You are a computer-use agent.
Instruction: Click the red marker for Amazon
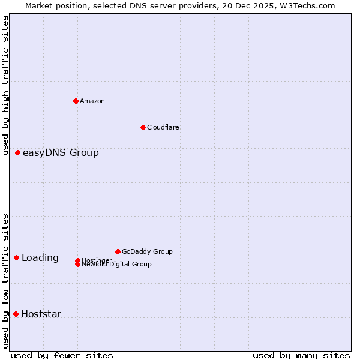coord(76,101)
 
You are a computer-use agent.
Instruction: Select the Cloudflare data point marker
coord(143,127)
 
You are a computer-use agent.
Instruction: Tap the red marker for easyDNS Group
coord(18,153)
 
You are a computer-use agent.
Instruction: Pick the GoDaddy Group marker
coord(118,251)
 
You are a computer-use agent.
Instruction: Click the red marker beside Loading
coord(17,257)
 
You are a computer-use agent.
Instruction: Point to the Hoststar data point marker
coord(16,314)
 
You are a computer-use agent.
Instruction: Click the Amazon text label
coord(92,101)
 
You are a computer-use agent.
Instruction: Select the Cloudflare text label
coord(163,127)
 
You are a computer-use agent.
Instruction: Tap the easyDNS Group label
coord(61,153)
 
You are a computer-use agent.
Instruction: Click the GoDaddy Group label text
coord(147,251)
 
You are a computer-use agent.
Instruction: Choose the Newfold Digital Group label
coord(116,265)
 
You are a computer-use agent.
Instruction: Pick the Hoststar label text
coord(41,314)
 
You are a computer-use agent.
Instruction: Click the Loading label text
coord(40,258)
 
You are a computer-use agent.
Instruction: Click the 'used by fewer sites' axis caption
coord(62,355)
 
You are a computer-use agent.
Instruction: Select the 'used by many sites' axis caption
coord(301,355)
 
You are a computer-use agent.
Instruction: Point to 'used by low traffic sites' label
coord(5,281)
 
